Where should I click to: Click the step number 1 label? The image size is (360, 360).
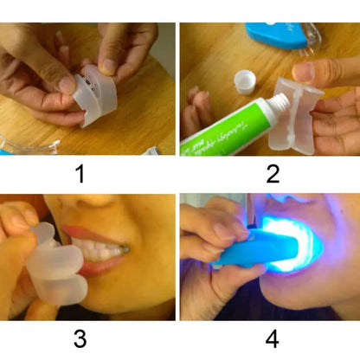click(80, 174)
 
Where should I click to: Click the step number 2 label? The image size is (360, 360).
click(273, 174)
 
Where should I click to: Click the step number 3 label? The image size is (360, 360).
click(80, 338)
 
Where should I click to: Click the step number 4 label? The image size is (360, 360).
click(273, 338)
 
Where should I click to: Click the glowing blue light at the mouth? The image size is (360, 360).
click(299, 242)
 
